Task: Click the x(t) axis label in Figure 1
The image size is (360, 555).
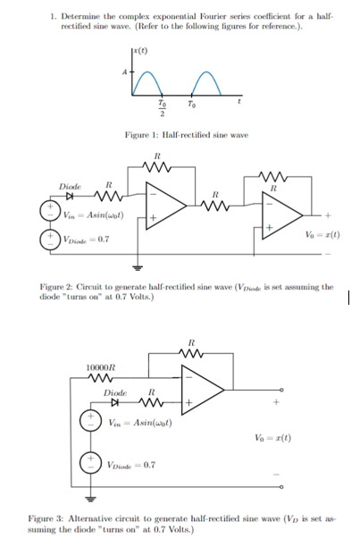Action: [x=141, y=46]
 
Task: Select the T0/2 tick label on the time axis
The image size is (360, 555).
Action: [x=161, y=108]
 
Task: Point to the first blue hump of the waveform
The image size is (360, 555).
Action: [x=145, y=83]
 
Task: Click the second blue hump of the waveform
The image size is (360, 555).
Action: [x=207, y=83]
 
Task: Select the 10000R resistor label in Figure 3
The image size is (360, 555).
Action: [x=100, y=367]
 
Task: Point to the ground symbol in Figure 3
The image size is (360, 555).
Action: [x=90, y=497]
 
